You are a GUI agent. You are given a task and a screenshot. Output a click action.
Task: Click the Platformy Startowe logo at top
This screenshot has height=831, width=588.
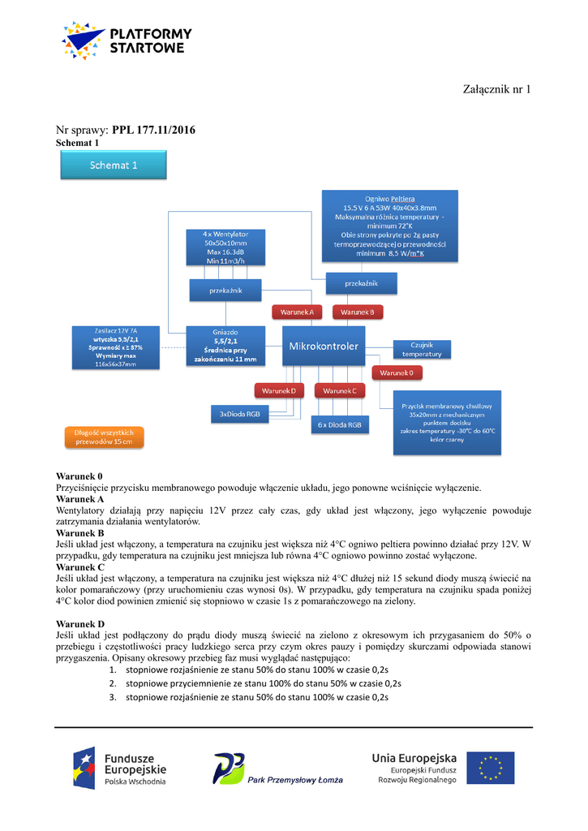[127, 40]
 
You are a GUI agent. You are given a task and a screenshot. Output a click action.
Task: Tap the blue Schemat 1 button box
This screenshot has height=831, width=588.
[114, 165]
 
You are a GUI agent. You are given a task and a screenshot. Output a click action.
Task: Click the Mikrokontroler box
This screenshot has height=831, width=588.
[324, 347]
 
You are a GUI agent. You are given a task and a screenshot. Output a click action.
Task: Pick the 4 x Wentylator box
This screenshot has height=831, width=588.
[225, 247]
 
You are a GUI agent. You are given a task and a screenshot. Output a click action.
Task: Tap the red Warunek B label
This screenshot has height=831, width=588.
[358, 312]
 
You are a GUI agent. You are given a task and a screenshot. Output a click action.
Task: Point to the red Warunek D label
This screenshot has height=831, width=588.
[279, 391]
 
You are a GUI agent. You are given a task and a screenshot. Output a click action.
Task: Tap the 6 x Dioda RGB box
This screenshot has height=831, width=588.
[341, 424]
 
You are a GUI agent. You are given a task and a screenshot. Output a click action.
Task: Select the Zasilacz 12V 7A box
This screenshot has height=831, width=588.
[115, 347]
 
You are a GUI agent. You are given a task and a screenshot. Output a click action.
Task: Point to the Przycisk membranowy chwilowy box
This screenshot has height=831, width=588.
[448, 422]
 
